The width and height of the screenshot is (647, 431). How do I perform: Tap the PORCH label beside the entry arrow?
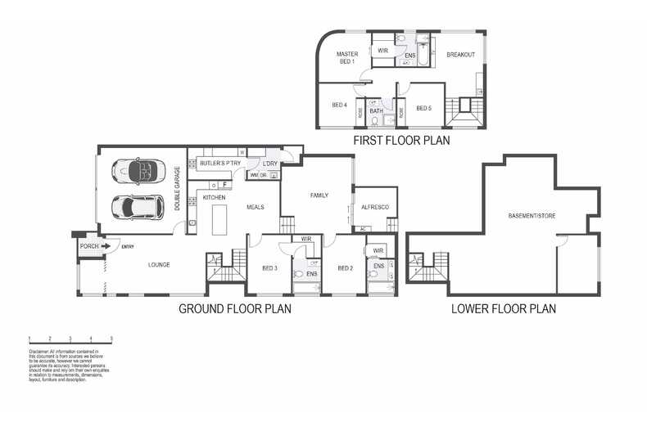coord(88,245)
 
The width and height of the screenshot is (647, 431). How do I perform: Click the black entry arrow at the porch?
coord(106,245)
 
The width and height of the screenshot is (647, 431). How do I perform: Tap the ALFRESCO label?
coord(373,208)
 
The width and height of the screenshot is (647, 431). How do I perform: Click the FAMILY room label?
coord(319,195)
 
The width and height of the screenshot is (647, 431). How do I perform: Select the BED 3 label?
coord(269,268)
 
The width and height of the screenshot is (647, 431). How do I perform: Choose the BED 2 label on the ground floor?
coord(344,268)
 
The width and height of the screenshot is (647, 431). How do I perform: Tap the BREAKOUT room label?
coord(459,55)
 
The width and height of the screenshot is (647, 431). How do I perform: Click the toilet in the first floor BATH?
coord(374,121)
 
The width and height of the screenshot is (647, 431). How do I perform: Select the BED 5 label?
coord(423,108)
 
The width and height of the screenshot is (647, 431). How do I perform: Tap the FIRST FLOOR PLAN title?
coord(400,141)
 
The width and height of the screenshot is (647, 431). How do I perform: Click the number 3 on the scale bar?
coord(70,338)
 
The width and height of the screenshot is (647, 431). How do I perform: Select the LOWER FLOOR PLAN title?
coord(503,309)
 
